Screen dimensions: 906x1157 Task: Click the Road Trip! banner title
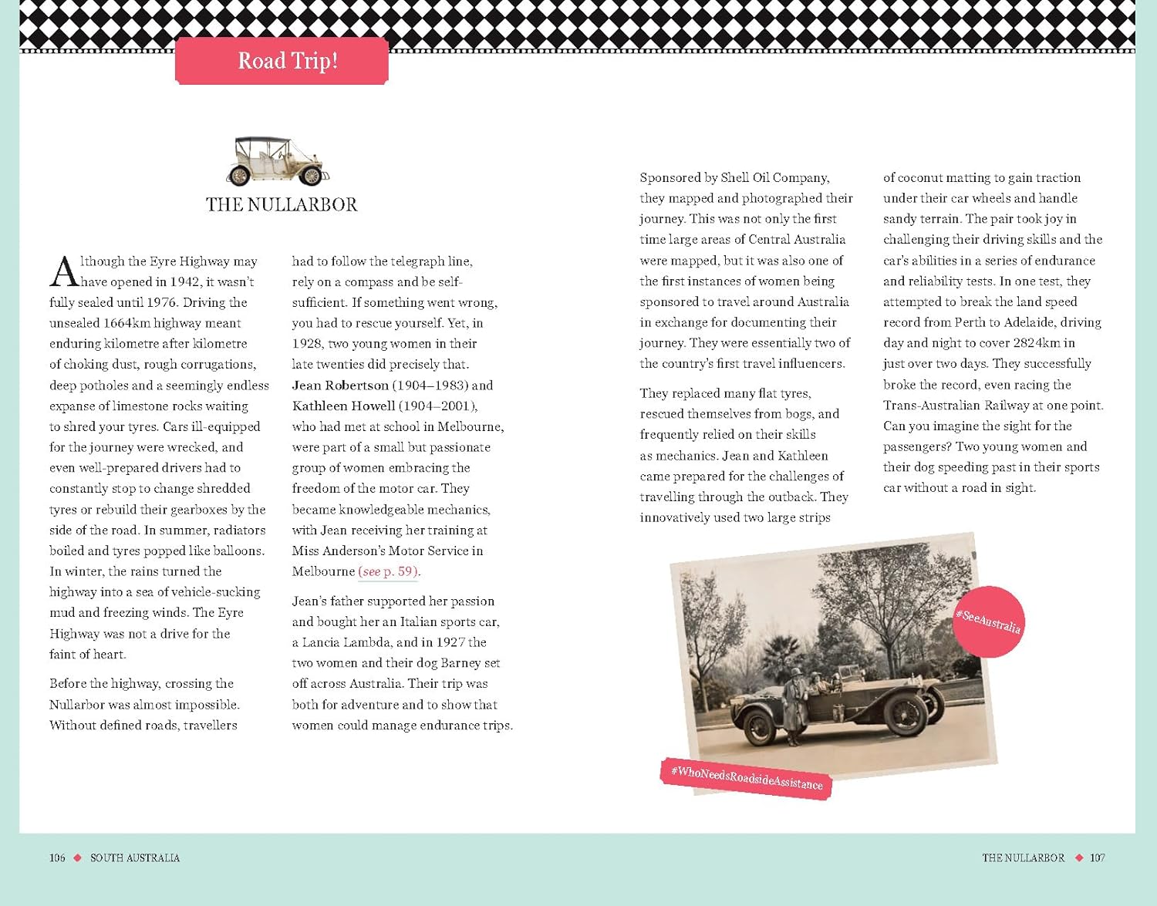(288, 60)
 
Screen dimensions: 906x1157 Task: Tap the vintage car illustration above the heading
(278, 161)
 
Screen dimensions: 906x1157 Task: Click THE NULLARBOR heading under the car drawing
(282, 204)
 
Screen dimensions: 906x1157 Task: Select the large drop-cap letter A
(64, 271)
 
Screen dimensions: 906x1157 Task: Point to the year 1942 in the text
(185, 282)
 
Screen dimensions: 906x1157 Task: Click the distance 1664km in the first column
(126, 323)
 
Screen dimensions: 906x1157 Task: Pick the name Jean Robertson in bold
(340, 385)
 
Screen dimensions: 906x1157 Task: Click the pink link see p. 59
(389, 571)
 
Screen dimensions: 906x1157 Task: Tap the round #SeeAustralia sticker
(988, 621)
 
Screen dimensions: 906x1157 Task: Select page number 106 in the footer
(57, 858)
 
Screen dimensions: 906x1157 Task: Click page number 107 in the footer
(1097, 858)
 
